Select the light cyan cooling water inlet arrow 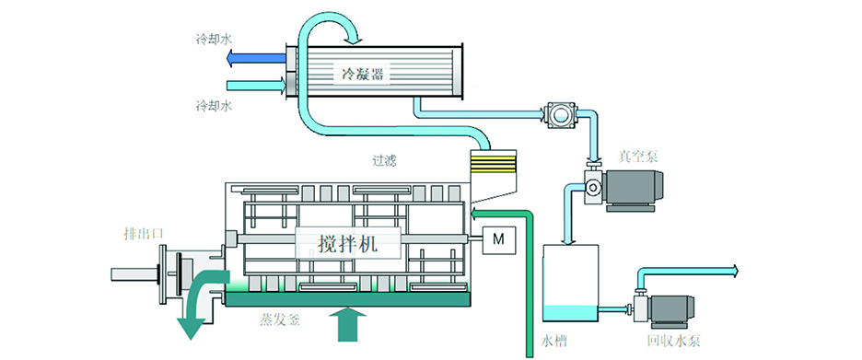(256, 86)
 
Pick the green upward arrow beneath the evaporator (347, 323)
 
